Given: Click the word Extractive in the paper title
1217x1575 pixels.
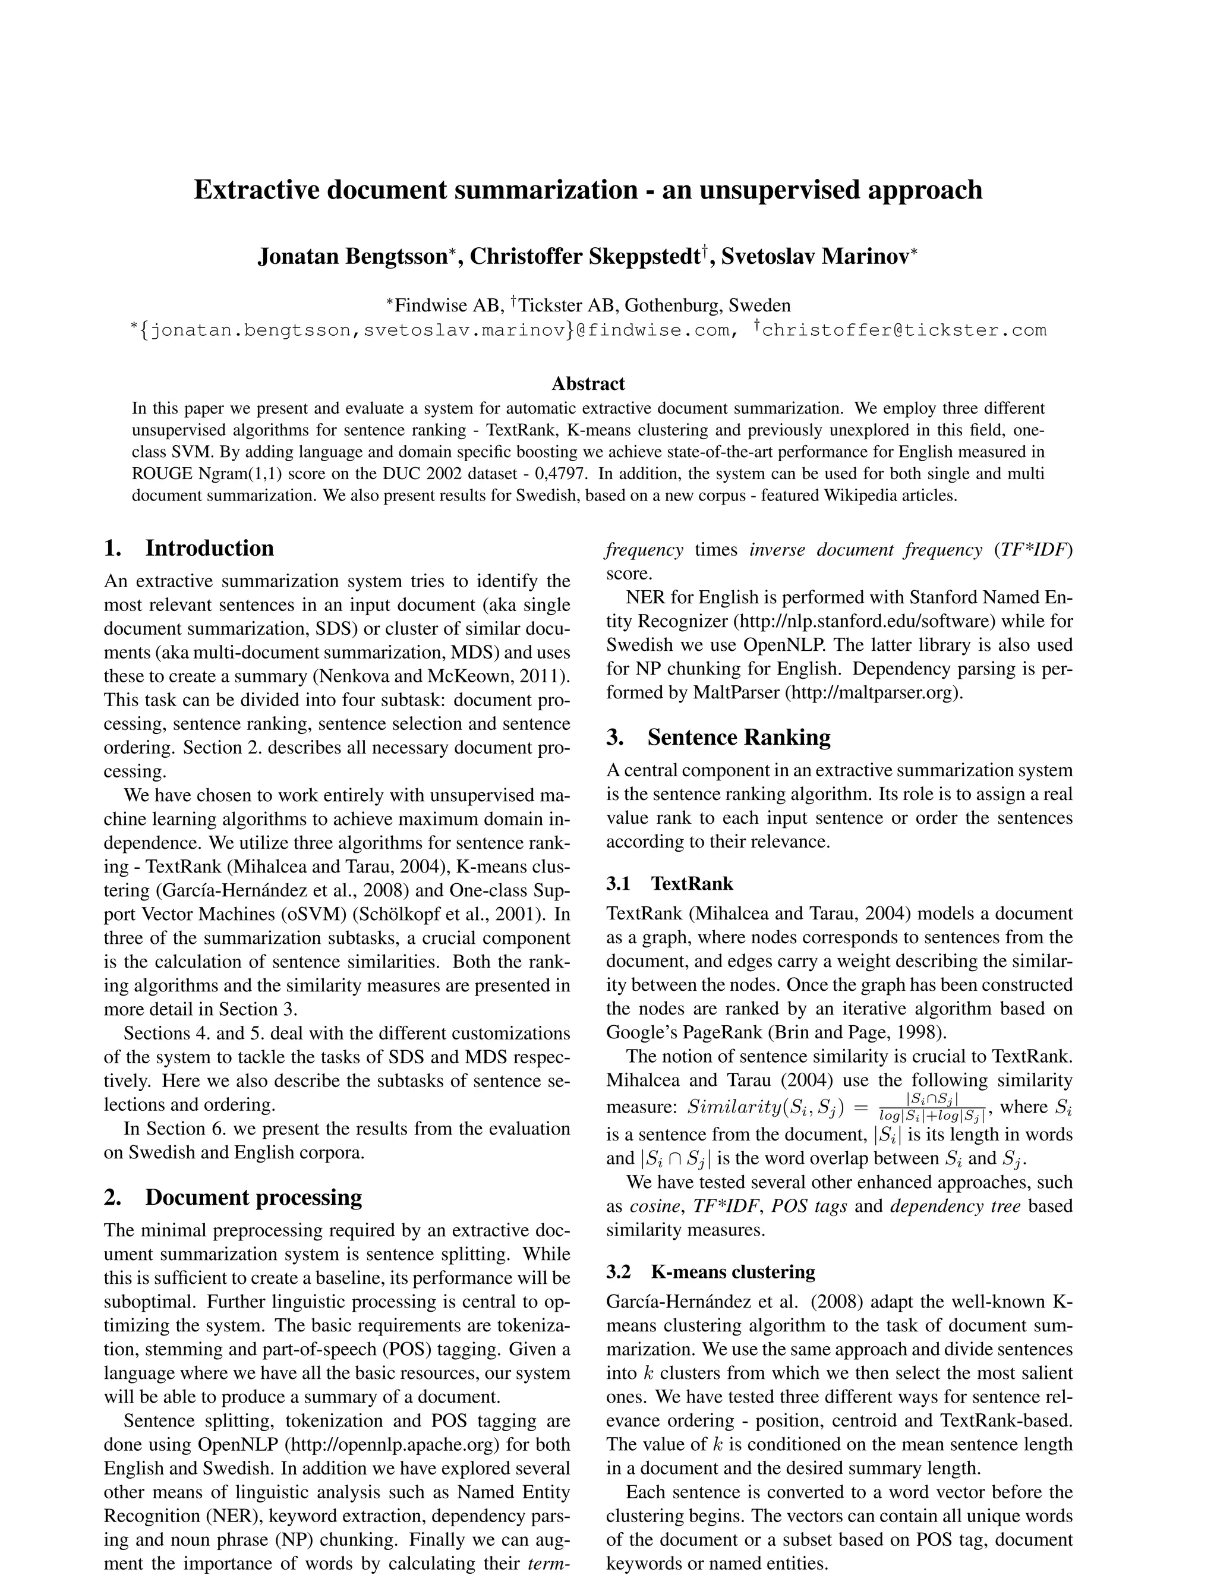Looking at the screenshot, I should (x=257, y=190).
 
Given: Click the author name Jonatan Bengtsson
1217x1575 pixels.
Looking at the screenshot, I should (x=352, y=256).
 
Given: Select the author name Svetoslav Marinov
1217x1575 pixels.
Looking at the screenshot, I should (x=815, y=256).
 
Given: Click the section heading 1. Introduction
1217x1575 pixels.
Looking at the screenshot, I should (x=189, y=548).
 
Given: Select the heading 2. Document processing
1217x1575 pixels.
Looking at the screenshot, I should (x=233, y=1197).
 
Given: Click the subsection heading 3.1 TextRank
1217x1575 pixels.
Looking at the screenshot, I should (x=670, y=883).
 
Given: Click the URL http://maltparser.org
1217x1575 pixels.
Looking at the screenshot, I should (x=873, y=692).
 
